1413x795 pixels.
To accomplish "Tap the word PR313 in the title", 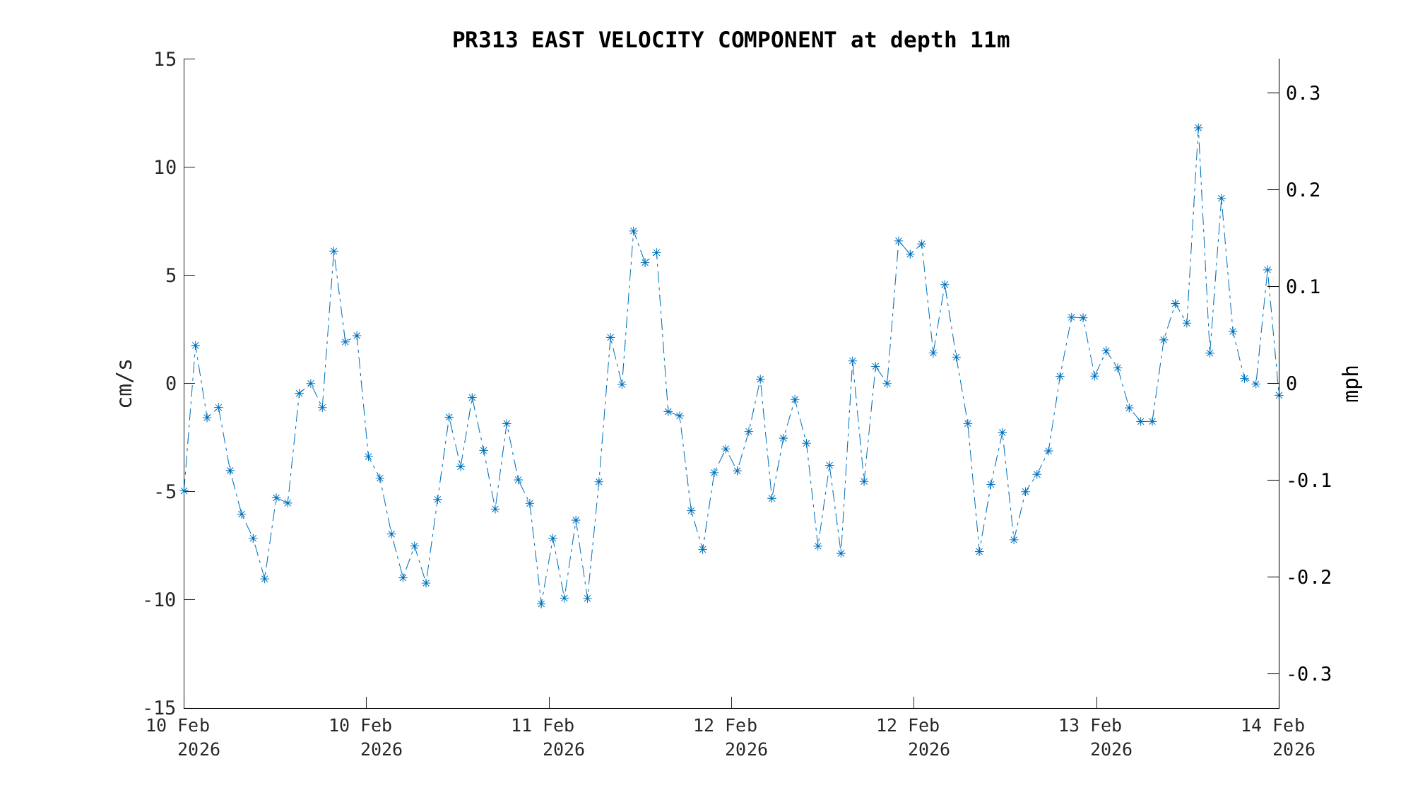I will pos(485,40).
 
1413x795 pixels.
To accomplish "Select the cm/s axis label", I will pos(125,383).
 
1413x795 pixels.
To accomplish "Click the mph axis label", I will pos(1351,384).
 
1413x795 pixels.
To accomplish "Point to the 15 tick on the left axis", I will pos(165,59).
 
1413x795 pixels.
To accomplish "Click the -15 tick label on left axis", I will pos(160,708).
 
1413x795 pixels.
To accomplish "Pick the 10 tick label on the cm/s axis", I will pos(165,167).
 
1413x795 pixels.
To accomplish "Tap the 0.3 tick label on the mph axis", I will pos(1303,93).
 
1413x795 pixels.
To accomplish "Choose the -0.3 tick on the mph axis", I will pos(1309,674).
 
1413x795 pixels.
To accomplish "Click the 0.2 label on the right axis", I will pos(1303,190).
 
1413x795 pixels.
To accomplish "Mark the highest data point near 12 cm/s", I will pos(1198,128).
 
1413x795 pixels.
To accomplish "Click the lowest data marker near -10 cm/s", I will pos(541,603).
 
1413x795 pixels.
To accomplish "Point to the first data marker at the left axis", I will pos(184,490).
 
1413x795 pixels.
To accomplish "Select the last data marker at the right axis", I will pos(1279,395).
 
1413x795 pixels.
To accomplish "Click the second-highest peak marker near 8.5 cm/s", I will pos(1221,199).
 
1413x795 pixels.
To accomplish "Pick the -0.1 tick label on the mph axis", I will pos(1309,481).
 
